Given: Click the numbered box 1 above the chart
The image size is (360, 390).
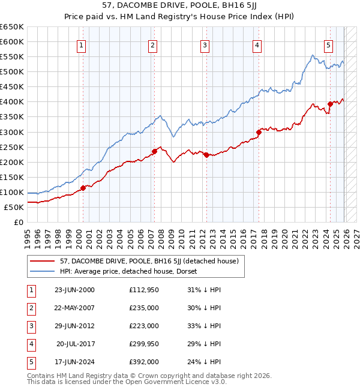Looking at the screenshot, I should [81, 45].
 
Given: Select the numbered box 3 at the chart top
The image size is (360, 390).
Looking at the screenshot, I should [205, 45].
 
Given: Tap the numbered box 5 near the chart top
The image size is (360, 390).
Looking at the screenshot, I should [329, 45].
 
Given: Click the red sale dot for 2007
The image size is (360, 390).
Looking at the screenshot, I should [154, 151].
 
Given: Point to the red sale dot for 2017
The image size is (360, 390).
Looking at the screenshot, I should [259, 132].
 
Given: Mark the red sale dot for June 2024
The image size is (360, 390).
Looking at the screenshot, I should [330, 104].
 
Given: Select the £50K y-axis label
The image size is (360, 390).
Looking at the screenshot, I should [14, 207].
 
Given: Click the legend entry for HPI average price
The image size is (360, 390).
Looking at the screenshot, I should [132, 271].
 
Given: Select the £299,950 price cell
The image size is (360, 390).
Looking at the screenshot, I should [143, 344].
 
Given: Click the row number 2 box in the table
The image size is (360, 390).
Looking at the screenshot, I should [31, 308].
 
